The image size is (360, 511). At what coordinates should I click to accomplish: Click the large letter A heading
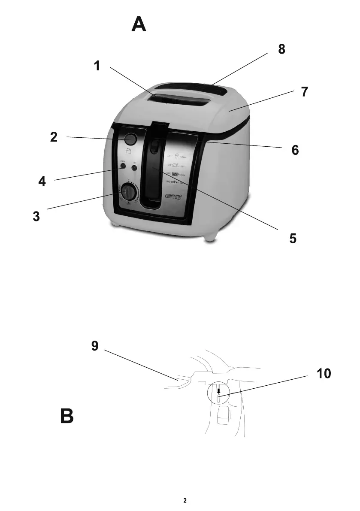(x=139, y=24)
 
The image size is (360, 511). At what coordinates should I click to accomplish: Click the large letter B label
(x=67, y=417)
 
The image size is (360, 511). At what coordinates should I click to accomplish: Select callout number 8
(x=281, y=49)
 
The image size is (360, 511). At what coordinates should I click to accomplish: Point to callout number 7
(x=304, y=92)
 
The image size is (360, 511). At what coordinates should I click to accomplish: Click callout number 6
(x=294, y=150)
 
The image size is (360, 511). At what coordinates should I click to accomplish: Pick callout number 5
(x=292, y=239)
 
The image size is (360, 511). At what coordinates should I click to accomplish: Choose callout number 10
(x=324, y=374)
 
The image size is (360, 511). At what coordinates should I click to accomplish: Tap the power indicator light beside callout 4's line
(x=123, y=166)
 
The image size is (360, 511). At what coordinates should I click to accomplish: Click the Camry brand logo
(x=173, y=197)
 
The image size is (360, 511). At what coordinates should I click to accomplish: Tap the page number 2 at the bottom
(x=185, y=500)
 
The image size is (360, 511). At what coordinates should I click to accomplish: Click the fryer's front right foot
(x=211, y=235)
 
